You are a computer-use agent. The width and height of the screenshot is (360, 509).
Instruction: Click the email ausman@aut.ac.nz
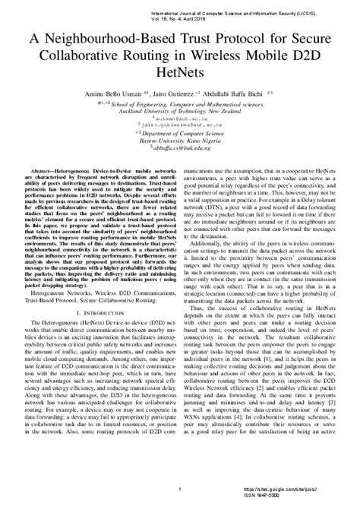(x=181, y=120)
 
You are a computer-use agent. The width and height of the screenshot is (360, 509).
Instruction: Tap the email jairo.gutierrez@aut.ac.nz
(x=181, y=128)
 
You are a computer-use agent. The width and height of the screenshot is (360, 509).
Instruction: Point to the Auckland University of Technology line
(x=180, y=110)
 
